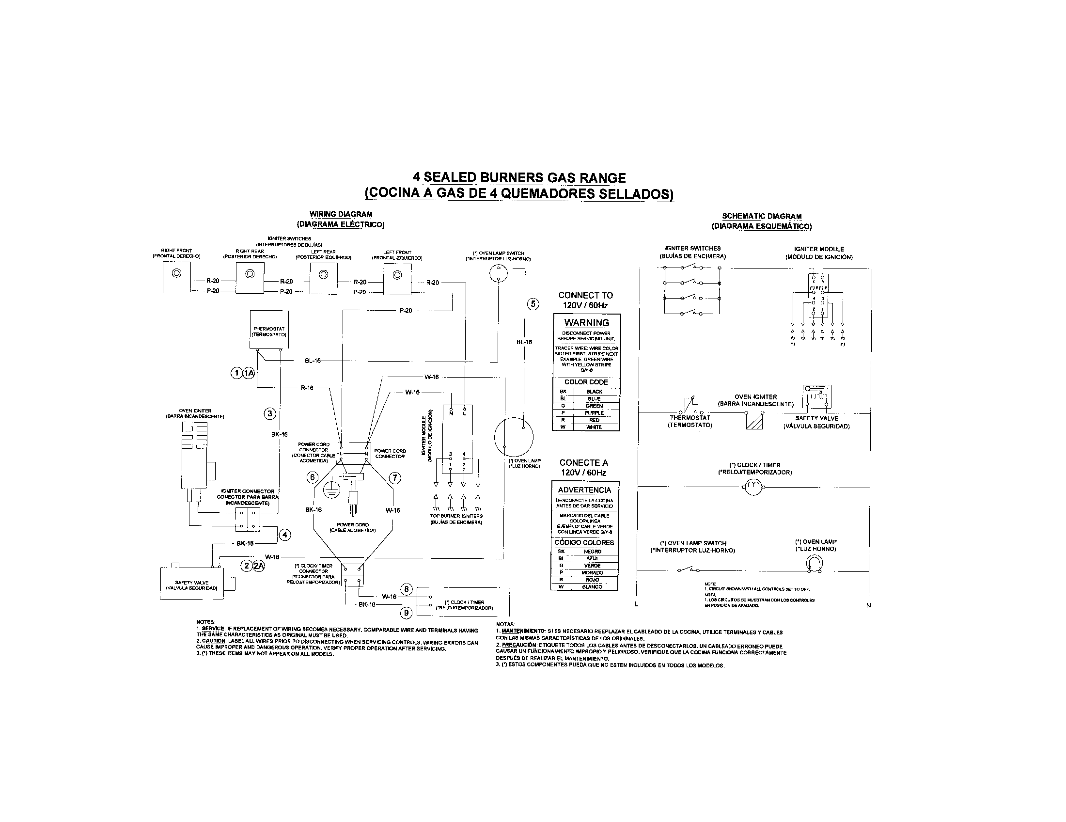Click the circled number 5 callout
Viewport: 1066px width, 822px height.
coord(533,304)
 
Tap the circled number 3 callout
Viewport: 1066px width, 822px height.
coord(269,414)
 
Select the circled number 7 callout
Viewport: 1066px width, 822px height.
coord(394,478)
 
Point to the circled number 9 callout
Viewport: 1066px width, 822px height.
coord(406,612)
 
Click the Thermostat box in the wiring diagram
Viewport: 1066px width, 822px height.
coord(268,330)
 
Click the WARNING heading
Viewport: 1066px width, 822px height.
coord(586,323)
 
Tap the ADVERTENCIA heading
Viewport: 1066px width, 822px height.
coord(584,490)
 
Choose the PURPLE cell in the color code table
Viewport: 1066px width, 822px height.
coord(594,413)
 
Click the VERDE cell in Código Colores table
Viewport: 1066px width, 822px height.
coord(592,565)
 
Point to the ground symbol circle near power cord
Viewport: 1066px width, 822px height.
coord(332,489)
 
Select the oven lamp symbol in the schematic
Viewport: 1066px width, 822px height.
coord(814,564)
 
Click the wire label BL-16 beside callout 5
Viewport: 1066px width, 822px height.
coord(524,342)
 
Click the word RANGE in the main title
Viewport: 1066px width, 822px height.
coord(602,178)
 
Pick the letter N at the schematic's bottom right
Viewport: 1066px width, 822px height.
coord(868,605)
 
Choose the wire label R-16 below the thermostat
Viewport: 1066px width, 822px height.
coord(307,388)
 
